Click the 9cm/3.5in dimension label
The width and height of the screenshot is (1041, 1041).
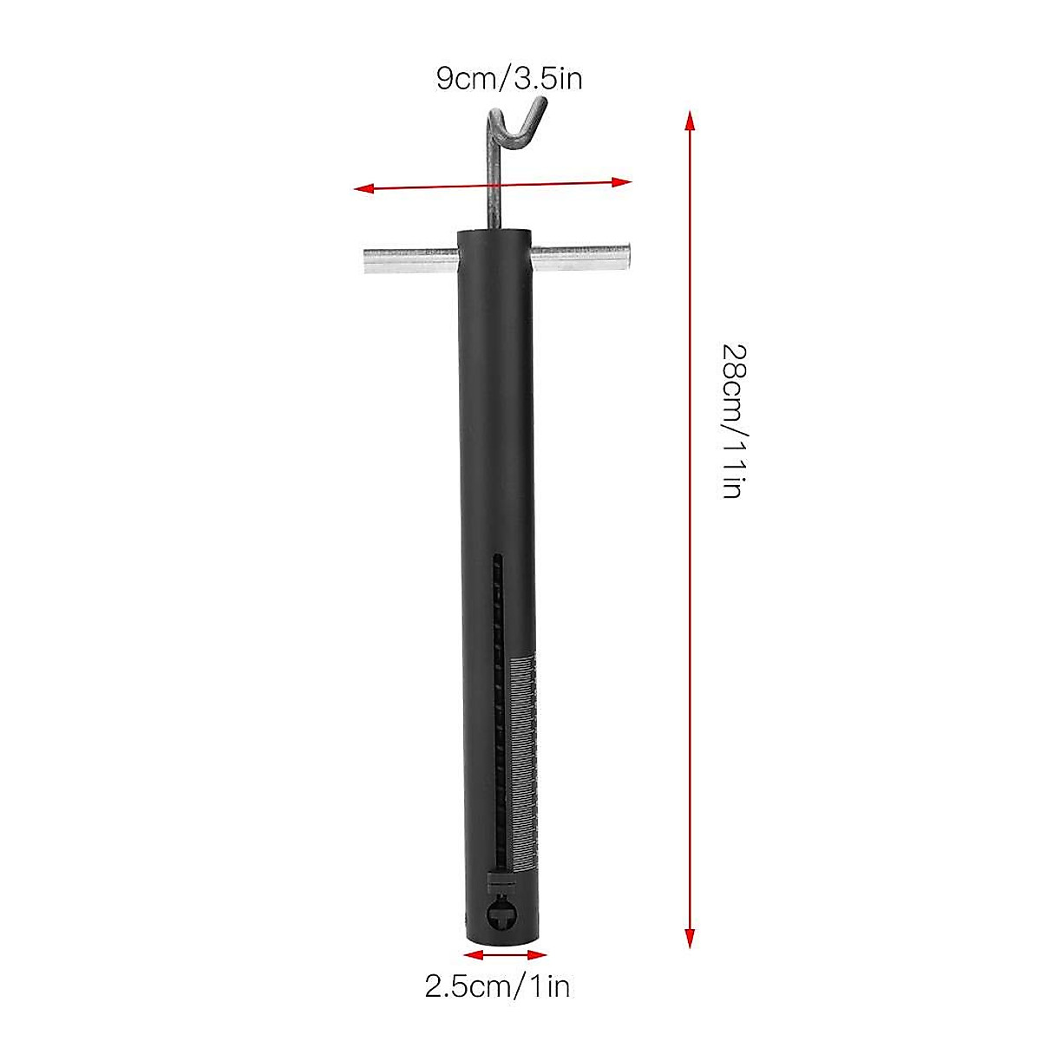[x=508, y=79]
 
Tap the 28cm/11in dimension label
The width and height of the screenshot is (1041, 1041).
[x=733, y=421]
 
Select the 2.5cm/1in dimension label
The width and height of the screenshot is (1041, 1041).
[x=497, y=986]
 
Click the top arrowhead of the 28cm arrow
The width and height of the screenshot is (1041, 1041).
[x=690, y=120]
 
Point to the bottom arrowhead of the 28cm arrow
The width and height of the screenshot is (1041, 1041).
[x=690, y=937]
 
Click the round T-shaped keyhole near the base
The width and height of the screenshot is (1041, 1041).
[x=502, y=913]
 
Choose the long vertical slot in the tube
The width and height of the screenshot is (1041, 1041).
[x=497, y=694]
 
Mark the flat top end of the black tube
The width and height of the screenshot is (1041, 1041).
[x=493, y=232]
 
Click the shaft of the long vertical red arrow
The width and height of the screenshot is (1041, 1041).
[x=690, y=607]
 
